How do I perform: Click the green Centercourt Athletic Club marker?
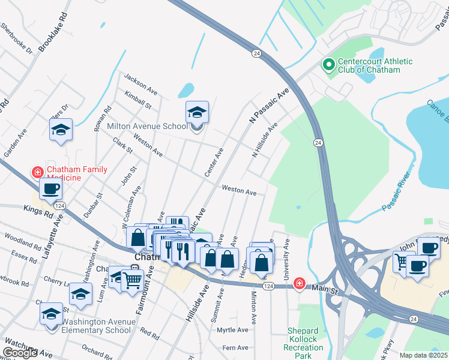click(328, 65)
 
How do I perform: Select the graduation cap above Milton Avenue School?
click(196, 112)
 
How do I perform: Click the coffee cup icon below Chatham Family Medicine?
click(50, 189)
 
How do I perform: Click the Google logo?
click(20, 353)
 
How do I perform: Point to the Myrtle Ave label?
click(232, 330)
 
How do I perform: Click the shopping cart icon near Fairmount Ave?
click(132, 279)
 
